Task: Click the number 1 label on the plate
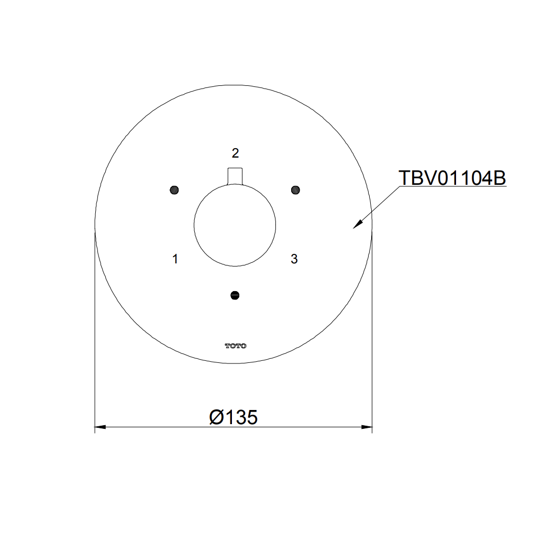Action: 175,259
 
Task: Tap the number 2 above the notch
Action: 235,153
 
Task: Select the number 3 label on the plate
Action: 294,259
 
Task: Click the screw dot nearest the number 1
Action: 174,190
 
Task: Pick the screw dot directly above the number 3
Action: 295,189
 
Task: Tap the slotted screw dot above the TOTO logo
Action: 235,295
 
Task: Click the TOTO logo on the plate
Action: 235,346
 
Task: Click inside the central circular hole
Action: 235,225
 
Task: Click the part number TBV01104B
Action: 452,178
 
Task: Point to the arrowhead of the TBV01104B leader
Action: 356,226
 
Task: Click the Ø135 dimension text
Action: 233,417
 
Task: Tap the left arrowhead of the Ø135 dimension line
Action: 99,427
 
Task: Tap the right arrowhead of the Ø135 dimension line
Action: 368,427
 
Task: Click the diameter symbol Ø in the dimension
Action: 216,417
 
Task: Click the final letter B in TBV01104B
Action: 500,178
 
